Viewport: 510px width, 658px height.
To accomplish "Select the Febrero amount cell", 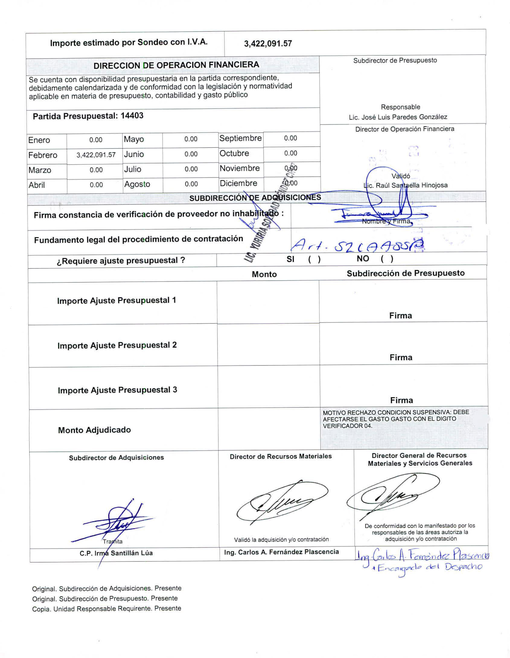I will pyautogui.click(x=96, y=155).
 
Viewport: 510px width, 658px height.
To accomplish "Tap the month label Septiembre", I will pyautogui.click(x=240, y=138).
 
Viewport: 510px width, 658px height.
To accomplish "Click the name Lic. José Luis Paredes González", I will pyautogui.click(x=398, y=117).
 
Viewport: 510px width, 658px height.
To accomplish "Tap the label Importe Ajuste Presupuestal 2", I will pyautogui.click(x=117, y=345).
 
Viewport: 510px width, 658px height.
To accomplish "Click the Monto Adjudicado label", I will pyautogui.click(x=94, y=430).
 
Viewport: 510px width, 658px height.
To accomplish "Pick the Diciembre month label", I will pyautogui.click(x=238, y=183).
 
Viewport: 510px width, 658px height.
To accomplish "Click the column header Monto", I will pyautogui.click(x=264, y=274).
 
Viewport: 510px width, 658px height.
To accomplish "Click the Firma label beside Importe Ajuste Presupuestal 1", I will pyautogui.click(x=400, y=316).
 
